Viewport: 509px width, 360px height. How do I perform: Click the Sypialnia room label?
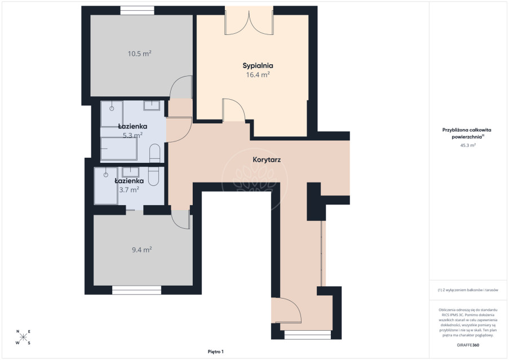(258, 65)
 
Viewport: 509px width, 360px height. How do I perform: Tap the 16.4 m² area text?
(258, 75)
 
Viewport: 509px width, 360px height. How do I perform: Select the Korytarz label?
(267, 159)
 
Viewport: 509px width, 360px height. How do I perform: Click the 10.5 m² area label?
(140, 54)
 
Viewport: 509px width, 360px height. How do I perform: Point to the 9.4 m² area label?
(142, 250)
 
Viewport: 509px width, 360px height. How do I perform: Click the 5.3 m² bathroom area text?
(132, 135)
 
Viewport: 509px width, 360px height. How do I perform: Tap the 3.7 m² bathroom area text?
(129, 190)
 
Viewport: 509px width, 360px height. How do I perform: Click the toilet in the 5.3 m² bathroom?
(155, 153)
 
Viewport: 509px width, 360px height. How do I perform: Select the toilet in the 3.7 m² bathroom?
(153, 176)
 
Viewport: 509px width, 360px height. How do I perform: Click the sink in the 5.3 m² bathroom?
(152, 106)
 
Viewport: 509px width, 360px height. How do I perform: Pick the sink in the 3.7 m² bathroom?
(131, 172)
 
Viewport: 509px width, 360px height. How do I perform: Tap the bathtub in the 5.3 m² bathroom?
(119, 149)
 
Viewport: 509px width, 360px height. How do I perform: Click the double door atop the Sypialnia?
(249, 23)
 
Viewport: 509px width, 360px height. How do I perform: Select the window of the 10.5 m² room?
(137, 10)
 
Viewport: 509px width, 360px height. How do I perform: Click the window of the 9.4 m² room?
(136, 290)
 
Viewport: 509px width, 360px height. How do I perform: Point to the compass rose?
(23, 337)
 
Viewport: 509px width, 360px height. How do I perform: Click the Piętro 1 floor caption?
(215, 352)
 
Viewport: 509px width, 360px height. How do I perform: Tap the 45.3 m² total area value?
(468, 145)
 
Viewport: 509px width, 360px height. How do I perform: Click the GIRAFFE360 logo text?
(468, 345)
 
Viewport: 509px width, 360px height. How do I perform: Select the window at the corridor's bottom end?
(307, 335)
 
